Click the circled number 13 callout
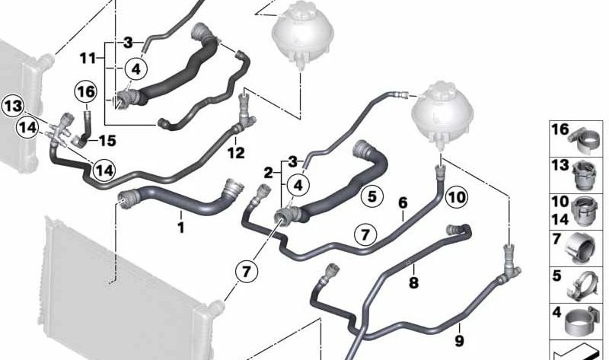coord(13,106)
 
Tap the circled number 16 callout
coord(86,92)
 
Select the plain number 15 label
coord(107,141)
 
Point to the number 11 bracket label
coord(88,59)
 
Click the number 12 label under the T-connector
coord(236,153)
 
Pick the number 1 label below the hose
coord(180,227)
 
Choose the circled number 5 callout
coord(371,196)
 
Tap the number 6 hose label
coord(403,202)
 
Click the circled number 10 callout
coord(456,197)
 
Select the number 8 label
coord(413,282)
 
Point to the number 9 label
coord(459,341)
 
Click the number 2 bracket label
coord(269,173)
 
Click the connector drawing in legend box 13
coord(585,175)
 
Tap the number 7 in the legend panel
coord(556,239)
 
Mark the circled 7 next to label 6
coord(365,235)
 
